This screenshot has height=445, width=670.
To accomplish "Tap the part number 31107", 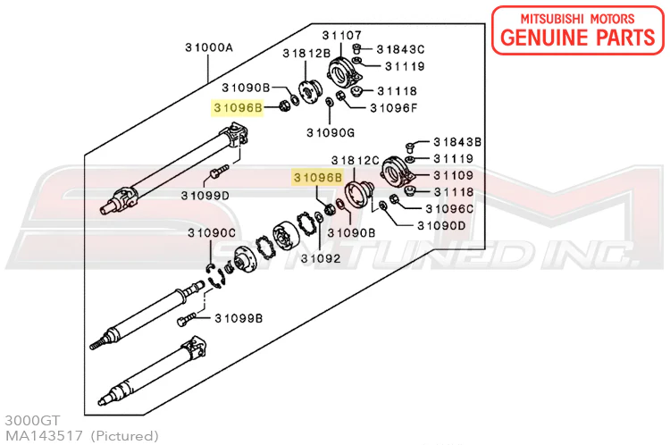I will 342,34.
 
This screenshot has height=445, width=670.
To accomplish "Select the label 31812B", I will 307,54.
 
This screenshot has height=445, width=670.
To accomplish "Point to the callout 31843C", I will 400,49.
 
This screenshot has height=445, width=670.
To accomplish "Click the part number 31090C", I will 211,233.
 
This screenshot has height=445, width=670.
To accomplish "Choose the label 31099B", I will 238,318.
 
